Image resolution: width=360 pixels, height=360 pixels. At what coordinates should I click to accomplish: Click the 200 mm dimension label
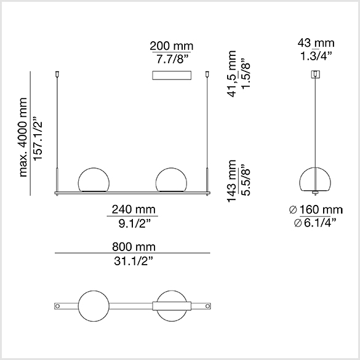pos(172,46)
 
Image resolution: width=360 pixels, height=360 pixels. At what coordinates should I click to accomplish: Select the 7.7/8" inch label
pos(172,59)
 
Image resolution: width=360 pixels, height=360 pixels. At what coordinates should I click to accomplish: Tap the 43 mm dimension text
pos(316,42)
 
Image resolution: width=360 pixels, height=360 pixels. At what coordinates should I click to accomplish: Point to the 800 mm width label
pos(134,247)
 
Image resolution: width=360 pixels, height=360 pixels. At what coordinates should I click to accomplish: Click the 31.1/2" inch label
pos(134,261)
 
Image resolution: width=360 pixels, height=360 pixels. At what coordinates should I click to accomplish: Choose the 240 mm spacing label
pos(134,209)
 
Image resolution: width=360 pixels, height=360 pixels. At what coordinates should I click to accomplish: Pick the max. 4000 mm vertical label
pos(23,137)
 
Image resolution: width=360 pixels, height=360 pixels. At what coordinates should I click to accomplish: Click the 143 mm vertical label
pos(231,181)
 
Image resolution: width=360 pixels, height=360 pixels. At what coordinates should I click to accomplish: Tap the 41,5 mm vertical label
pos(231,74)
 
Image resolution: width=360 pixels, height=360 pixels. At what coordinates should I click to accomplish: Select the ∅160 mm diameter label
pos(316,210)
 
